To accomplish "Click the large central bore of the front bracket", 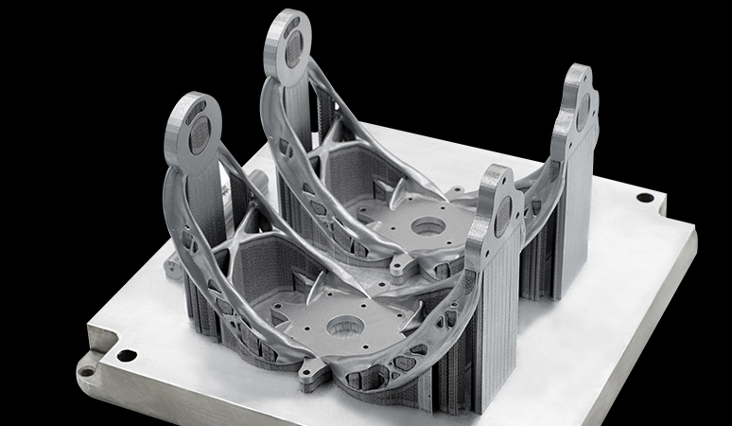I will [x=340, y=328].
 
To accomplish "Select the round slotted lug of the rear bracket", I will [x=288, y=43].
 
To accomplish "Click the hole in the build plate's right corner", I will [x=644, y=198].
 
